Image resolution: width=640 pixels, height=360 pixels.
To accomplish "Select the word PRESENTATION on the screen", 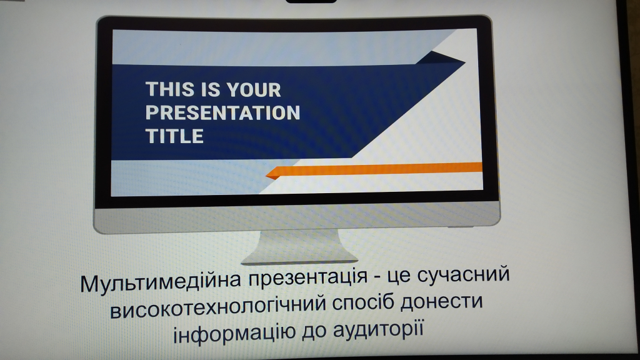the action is click(x=222, y=112).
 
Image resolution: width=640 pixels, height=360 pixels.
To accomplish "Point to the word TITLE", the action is click(x=174, y=136).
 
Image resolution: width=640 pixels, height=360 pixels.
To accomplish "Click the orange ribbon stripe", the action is click(x=374, y=169).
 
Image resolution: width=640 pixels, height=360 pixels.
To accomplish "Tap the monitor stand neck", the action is click(x=300, y=243).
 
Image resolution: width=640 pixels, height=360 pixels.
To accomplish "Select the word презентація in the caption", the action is click(x=309, y=278).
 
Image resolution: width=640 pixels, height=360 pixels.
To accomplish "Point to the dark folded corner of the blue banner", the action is click(x=440, y=58).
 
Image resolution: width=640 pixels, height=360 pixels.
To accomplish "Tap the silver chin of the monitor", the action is click(x=297, y=216).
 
